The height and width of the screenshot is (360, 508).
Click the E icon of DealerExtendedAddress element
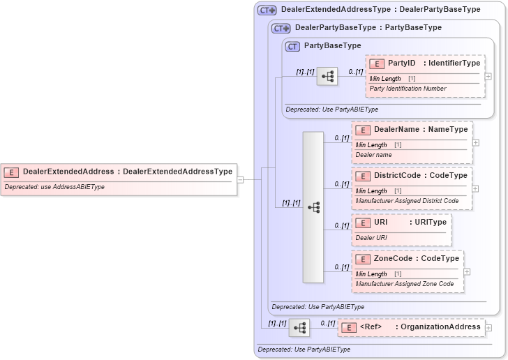[11, 172]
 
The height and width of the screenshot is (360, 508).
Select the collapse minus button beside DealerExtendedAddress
[240, 179]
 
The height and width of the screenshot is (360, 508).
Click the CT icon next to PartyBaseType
[293, 46]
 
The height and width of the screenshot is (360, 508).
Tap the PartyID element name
[401, 63]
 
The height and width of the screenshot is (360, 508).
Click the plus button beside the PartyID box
[488, 77]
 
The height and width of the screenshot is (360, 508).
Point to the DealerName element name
[396, 130]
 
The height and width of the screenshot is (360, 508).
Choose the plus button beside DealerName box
[476, 142]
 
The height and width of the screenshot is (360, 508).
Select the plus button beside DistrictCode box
[476, 188]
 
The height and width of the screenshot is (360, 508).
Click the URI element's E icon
[363, 223]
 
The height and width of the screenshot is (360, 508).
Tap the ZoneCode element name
[396, 259]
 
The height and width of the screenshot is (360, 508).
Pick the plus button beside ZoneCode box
[468, 271]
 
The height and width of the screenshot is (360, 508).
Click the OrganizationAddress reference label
[438, 327]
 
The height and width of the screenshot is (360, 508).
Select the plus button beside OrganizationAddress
[488, 327]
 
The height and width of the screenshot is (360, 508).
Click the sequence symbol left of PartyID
[327, 76]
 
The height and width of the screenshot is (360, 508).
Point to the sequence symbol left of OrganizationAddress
[299, 327]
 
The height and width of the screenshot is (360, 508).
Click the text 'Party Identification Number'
[408, 89]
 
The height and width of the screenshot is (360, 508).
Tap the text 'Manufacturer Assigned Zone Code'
[405, 284]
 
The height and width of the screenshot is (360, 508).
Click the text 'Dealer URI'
[371, 238]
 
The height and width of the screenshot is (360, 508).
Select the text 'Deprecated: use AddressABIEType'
[54, 187]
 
